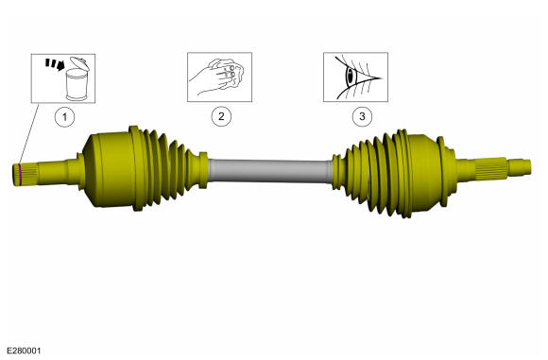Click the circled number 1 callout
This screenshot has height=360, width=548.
point(64,116)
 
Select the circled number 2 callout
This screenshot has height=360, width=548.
point(221,116)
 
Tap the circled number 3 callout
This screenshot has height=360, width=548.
point(362,116)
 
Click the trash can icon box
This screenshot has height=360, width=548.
point(63,78)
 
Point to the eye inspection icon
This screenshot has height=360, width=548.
point(355,77)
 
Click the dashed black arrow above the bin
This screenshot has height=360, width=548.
point(55,64)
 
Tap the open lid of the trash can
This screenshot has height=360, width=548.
point(78,63)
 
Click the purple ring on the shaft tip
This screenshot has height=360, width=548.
point(20,175)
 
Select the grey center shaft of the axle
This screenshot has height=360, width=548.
point(270,171)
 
